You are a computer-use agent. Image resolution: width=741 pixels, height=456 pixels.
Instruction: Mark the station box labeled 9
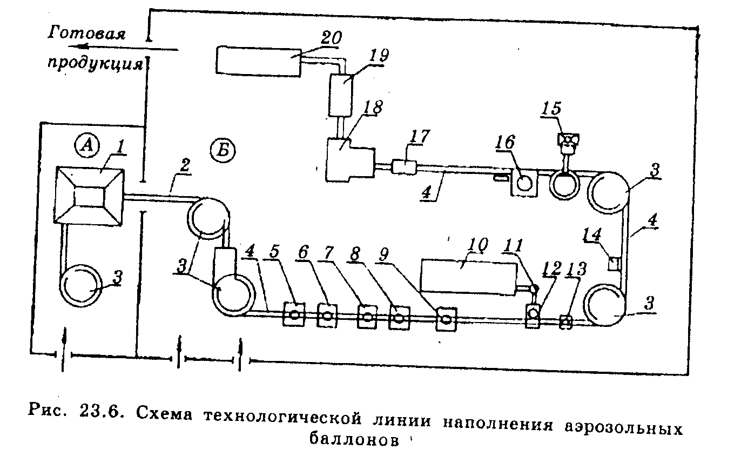click(447, 318)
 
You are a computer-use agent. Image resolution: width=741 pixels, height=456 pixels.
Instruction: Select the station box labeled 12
click(533, 314)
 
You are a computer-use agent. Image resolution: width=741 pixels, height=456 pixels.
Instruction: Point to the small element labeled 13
click(565, 321)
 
